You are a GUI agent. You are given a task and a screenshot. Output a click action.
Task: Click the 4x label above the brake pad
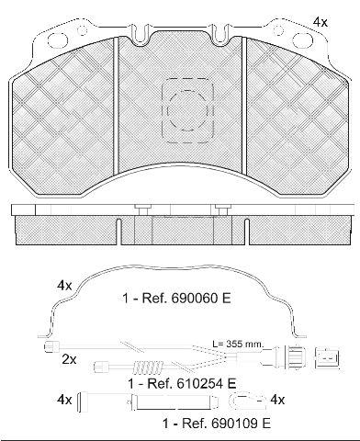(321, 22)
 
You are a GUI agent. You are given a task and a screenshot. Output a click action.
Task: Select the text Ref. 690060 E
(186, 298)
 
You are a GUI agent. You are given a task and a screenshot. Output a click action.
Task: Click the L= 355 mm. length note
(238, 344)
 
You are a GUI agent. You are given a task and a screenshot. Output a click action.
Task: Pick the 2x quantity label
(69, 359)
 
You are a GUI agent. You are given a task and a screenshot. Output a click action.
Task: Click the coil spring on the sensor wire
(149, 367)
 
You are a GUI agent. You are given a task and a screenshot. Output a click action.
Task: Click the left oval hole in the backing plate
(57, 39)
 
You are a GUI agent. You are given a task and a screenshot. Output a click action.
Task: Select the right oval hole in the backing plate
(302, 39)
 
